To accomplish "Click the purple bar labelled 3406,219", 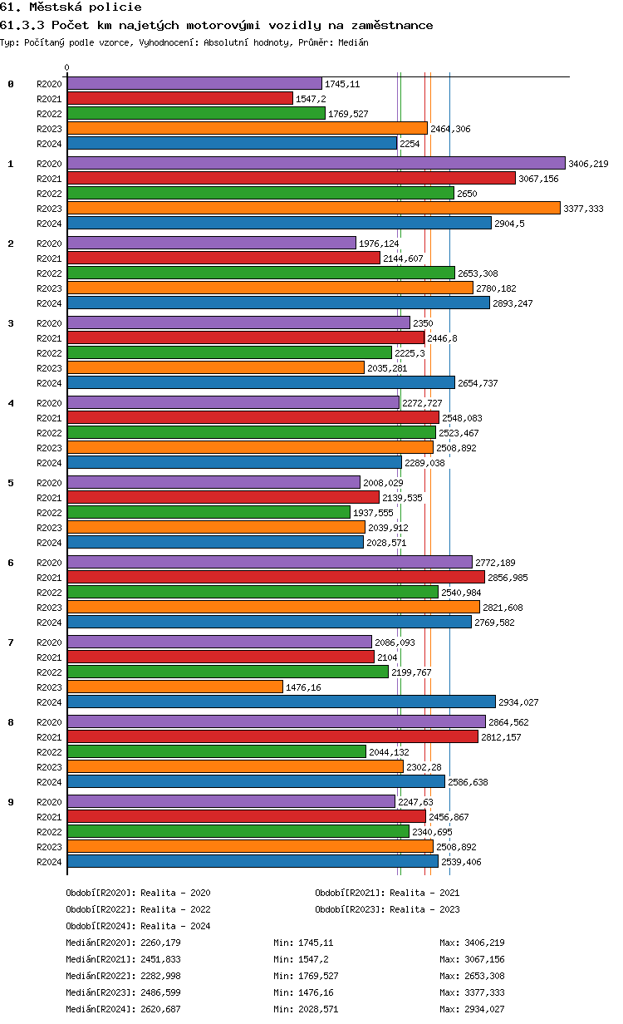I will pos(316,164).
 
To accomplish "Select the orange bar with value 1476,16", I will pos(175,687).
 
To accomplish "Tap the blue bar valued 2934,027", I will pos(281,702).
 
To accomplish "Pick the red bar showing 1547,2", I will pos(180,98).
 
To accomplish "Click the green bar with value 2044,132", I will pos(216,751).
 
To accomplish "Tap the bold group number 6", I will pos(11,563).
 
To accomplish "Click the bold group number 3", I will pos(11,323).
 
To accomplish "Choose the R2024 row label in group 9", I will pos(50,862).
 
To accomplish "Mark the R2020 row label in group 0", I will pos(50,84).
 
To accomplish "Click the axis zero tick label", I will pos(67,68).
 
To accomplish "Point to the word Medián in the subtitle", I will pos(353,42).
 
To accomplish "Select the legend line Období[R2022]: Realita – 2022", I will pos(138,909).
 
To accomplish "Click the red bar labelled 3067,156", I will pos(291,179).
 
